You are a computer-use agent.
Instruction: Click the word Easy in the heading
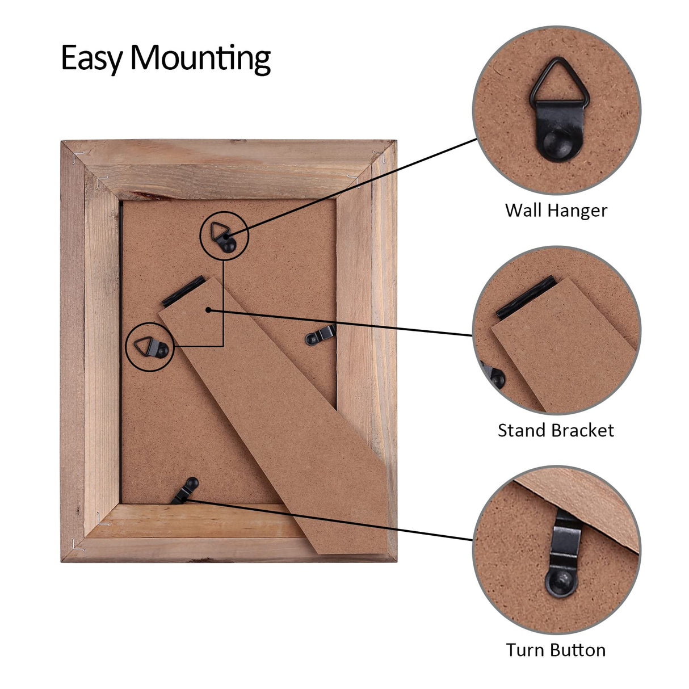click(92, 58)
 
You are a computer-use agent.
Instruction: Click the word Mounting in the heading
click(200, 59)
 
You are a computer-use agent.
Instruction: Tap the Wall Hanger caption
click(556, 211)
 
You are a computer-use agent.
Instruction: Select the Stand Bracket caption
click(556, 431)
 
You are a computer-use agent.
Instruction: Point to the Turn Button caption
click(556, 650)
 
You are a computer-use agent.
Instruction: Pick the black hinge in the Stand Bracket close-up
click(526, 298)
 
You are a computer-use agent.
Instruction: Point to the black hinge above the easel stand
click(184, 291)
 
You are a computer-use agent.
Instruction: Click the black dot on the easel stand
click(208, 310)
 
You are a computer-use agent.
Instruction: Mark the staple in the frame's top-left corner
click(78, 157)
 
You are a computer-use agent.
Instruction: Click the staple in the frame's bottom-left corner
click(77, 545)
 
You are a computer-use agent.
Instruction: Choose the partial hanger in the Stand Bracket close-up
click(494, 375)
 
